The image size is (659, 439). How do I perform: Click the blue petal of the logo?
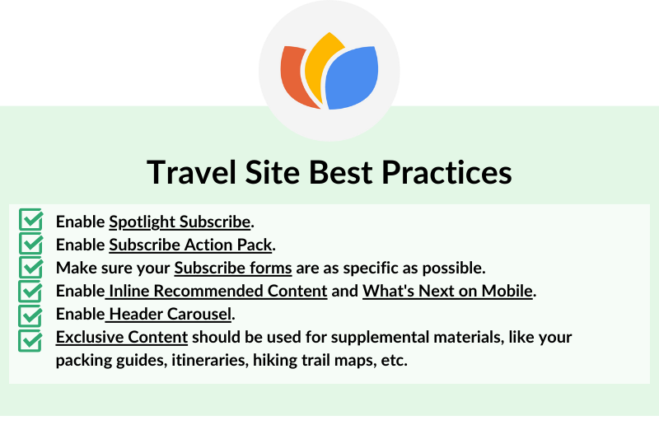(x=352, y=78)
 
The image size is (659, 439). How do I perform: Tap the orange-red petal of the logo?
(x=294, y=76)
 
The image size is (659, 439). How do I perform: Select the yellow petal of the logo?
(x=320, y=63)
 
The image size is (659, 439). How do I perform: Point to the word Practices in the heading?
(x=446, y=172)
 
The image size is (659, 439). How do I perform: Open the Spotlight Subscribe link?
(x=180, y=222)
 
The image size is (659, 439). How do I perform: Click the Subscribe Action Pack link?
(x=190, y=245)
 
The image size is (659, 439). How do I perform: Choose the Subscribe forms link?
(x=233, y=268)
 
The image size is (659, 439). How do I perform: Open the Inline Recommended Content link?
(x=216, y=291)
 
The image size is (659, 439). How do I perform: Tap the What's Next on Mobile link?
(x=447, y=291)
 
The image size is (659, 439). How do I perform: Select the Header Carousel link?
(x=168, y=314)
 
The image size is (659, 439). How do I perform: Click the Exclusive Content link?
(x=122, y=337)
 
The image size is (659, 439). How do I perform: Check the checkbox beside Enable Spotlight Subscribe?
(x=30, y=220)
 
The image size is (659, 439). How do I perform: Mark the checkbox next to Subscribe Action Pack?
(x=30, y=244)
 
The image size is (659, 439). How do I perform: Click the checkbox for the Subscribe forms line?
(x=30, y=268)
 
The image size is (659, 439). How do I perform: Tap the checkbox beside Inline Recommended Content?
(x=30, y=292)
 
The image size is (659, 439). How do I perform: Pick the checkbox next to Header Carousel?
(x=30, y=316)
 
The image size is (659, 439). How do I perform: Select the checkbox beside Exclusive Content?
(x=30, y=340)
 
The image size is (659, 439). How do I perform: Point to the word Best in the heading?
(x=341, y=172)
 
